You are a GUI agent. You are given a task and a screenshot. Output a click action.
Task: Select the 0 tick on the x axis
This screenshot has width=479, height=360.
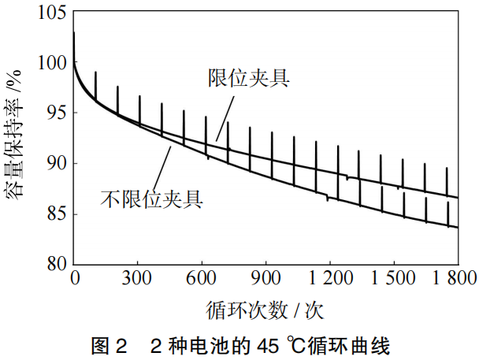point(75,277)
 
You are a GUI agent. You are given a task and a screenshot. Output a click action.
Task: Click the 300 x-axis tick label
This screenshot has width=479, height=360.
point(138,277)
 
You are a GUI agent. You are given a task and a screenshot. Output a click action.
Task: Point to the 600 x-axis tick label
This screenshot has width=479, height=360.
point(202,277)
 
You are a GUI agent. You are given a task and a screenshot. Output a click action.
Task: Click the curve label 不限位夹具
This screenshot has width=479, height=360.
point(152,198)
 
